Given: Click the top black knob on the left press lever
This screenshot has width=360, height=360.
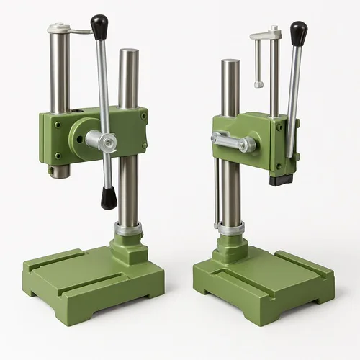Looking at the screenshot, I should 99,26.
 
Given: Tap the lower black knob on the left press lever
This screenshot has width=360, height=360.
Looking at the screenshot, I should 109,197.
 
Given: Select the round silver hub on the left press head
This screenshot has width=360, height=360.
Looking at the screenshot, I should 94,138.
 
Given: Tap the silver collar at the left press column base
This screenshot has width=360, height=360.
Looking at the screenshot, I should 128,230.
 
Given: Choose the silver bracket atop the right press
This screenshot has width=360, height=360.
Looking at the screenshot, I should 266,33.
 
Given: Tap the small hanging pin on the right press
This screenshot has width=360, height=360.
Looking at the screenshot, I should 258,65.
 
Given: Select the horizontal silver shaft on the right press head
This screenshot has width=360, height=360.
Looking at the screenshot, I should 234,142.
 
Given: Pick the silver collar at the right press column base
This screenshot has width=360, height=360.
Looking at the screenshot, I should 232,229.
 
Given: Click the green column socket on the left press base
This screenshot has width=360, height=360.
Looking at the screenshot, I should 129,248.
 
